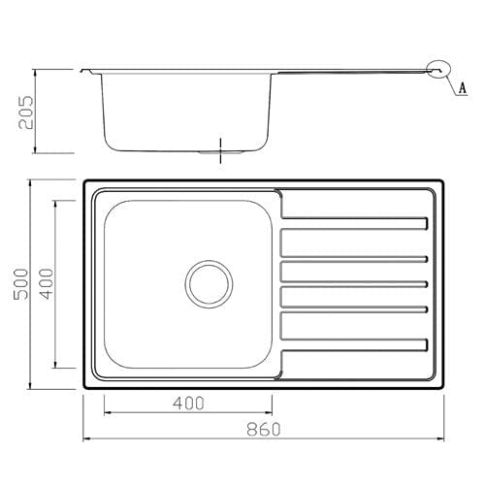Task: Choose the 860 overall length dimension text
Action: pyautogui.click(x=263, y=429)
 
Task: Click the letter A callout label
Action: pyautogui.click(x=463, y=86)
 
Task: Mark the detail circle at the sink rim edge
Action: pyautogui.click(x=436, y=69)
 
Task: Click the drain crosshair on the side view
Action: pyautogui.click(x=222, y=151)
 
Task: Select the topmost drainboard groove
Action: pyautogui.click(x=354, y=223)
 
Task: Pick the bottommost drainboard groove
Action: pyautogui.click(x=354, y=343)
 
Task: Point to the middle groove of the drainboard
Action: pyautogui.click(x=354, y=283)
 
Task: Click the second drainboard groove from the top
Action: pyautogui.click(x=354, y=258)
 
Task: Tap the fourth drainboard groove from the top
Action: pyautogui.click(x=354, y=309)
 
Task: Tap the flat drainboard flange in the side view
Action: pyautogui.click(x=349, y=69)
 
